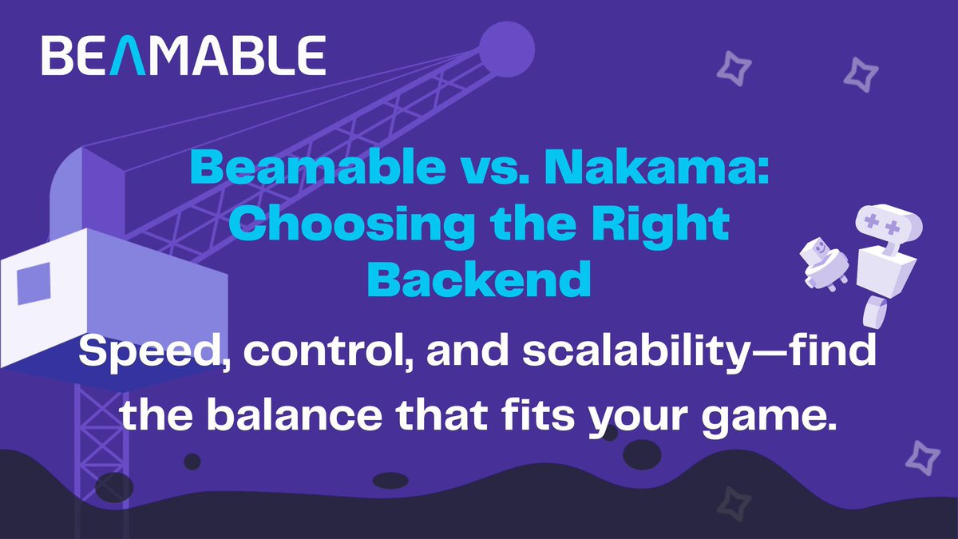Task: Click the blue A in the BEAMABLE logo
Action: pos(129,56)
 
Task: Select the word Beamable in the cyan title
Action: pos(318,168)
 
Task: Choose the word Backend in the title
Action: pos(479,279)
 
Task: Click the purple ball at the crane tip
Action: pos(507,50)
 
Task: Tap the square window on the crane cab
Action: pos(34,283)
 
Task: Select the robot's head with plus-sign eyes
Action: pos(889,224)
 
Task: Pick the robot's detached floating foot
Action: pos(875,312)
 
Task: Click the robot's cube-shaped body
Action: pos(885,273)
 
